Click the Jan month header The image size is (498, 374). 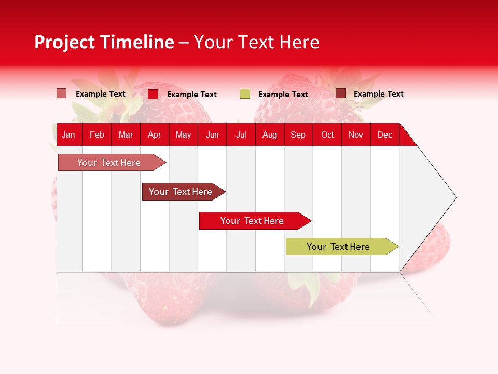click(x=68, y=135)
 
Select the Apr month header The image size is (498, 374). click(x=154, y=135)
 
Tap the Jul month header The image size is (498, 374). click(x=241, y=135)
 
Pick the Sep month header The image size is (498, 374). click(x=298, y=135)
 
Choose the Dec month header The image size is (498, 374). click(x=384, y=135)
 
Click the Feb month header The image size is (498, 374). click(x=97, y=135)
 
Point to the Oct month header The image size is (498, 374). click(x=327, y=135)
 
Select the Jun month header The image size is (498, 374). click(x=212, y=135)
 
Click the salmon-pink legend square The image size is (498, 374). click(x=61, y=94)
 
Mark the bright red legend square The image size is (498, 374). click(x=153, y=94)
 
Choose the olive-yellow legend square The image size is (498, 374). click(x=245, y=94)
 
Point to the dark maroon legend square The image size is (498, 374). click(x=340, y=94)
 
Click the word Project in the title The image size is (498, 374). click(x=64, y=42)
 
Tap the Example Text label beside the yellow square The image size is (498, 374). click(x=283, y=95)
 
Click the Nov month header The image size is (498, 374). click(x=356, y=135)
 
